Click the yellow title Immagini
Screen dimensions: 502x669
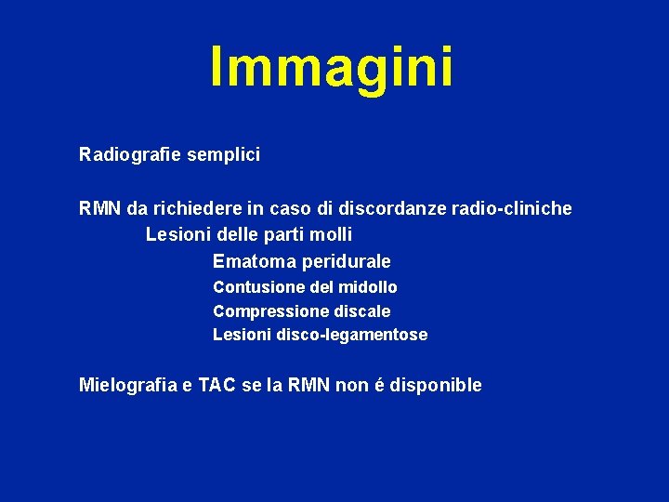point(333,66)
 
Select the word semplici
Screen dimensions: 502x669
point(223,154)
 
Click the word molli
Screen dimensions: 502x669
point(332,235)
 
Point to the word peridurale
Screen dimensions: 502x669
point(347,262)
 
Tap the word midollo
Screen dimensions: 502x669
point(367,287)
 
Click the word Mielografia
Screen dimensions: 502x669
point(132,385)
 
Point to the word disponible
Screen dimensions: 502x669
point(439,385)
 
